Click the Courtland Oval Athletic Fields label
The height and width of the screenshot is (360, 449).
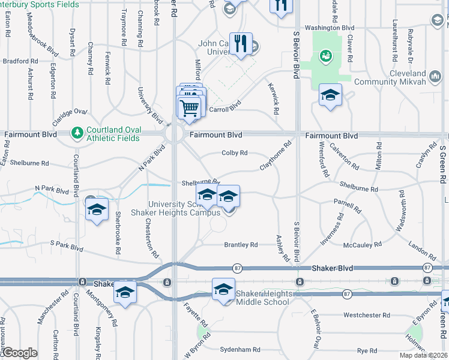[x=113, y=134]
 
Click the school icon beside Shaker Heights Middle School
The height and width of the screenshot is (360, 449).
[x=223, y=290]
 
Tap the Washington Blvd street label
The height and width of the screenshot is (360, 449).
[x=330, y=28]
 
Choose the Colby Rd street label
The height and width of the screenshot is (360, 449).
[x=235, y=153]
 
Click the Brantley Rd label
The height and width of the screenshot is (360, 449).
[x=241, y=245]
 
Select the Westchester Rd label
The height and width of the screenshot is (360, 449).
[x=367, y=315]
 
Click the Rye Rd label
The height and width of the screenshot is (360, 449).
[x=367, y=350]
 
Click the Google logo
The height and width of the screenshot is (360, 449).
[x=19, y=353]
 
